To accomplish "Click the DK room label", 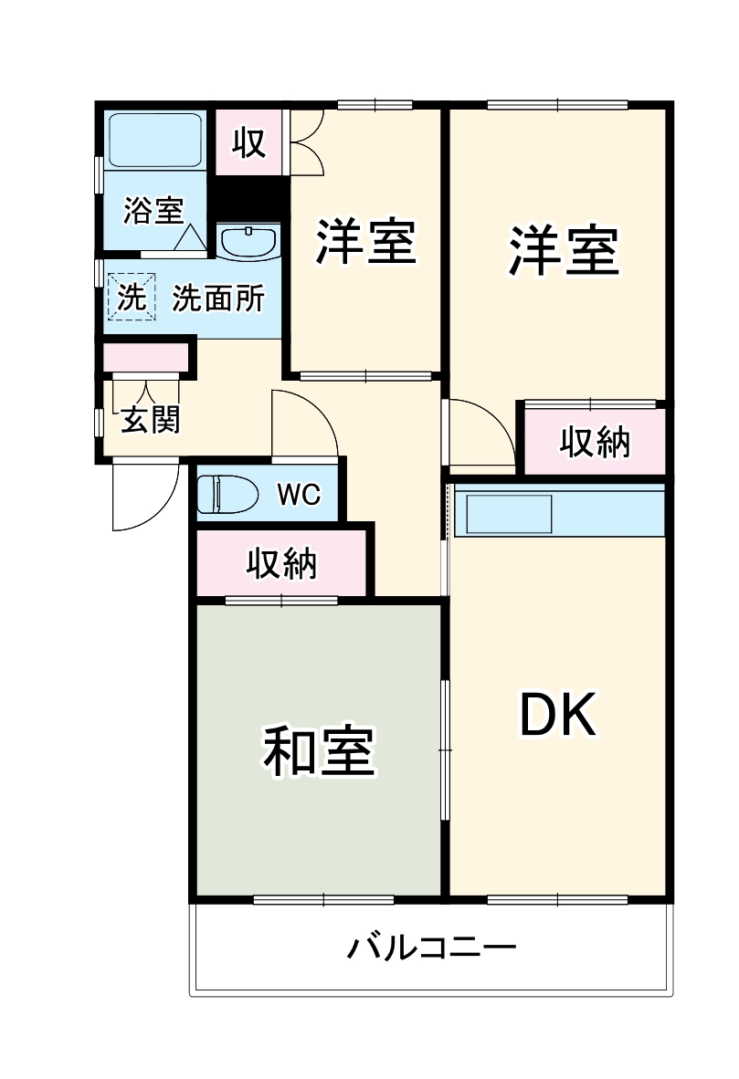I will coord(557,715).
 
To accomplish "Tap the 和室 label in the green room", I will coord(319,751).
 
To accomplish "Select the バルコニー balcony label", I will coord(431,948).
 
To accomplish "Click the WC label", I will coord(299,494).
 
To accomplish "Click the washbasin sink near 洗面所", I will coord(248,242).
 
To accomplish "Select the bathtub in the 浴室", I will coord(154,139).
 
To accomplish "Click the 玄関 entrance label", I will coord(151,420).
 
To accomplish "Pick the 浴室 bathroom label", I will coord(153,211).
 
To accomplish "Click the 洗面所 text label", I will coord(218,298).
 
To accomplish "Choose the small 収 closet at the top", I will coord(248,141).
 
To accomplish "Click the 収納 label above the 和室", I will coord(281,563).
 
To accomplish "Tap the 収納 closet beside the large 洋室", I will coord(595,443).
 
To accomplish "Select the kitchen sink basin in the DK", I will coord(510,514).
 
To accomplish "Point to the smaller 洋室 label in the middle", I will coord(365,241).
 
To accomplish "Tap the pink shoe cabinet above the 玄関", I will coord(146,357).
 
